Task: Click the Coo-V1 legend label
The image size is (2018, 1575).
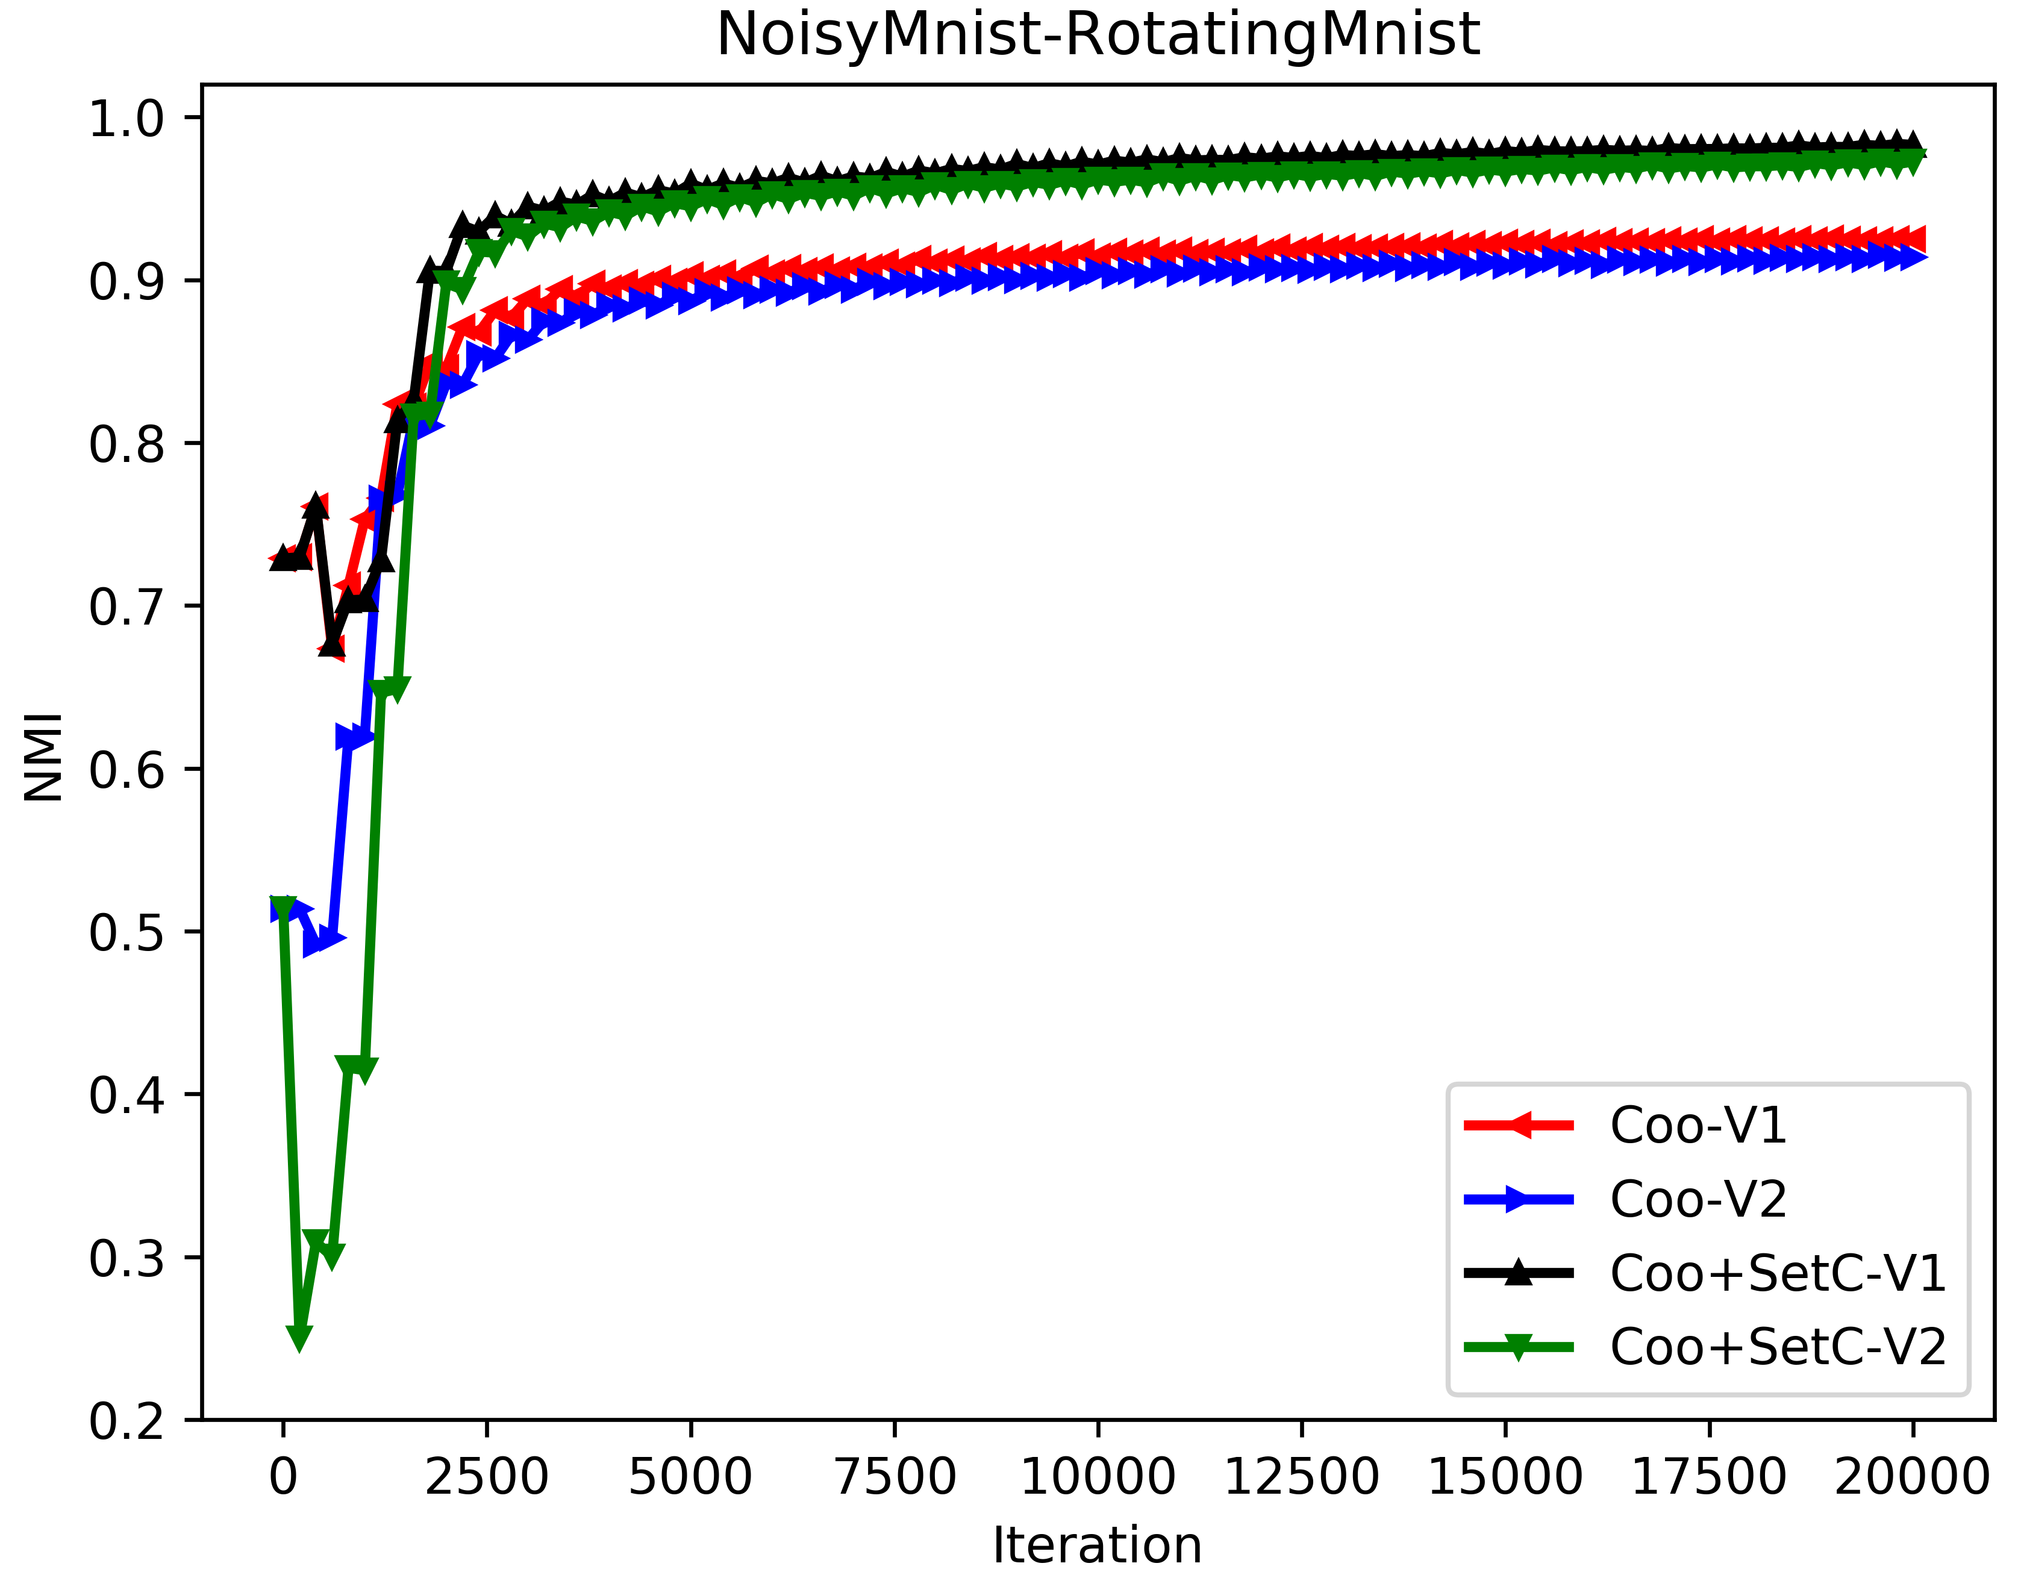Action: tap(1698, 1125)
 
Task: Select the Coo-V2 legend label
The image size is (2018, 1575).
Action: tap(1698, 1199)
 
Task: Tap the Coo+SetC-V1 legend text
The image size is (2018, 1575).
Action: tap(1778, 1273)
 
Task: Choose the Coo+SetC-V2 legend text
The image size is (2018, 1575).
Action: tap(1778, 1347)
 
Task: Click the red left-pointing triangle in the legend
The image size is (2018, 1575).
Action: tap(1518, 1125)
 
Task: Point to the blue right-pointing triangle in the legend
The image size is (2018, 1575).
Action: tap(1518, 1199)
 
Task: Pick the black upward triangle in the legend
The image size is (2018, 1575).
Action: tap(1518, 1272)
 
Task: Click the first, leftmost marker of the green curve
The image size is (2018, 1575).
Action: tap(283, 907)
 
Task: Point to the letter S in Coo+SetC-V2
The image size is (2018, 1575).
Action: tap(1765, 1347)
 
